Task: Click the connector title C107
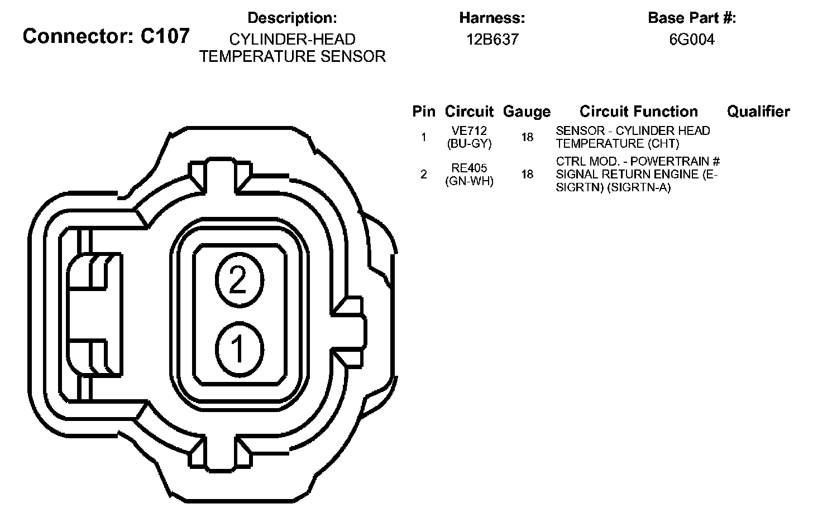[x=165, y=36]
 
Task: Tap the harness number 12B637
[x=492, y=39]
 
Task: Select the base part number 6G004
[x=692, y=39]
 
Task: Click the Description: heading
[x=292, y=18]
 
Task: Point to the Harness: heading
[x=492, y=17]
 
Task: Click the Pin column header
[x=424, y=112]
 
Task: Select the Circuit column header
[x=469, y=112]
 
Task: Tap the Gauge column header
[x=527, y=112]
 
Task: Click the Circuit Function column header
[x=638, y=112]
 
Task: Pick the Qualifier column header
[x=758, y=112]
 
